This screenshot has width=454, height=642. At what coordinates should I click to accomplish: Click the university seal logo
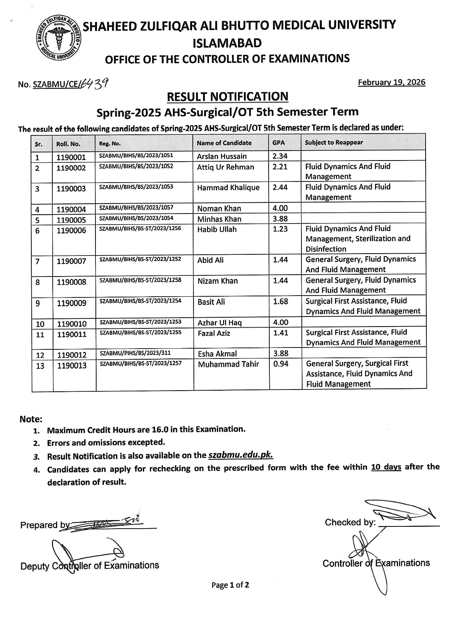coord(59,38)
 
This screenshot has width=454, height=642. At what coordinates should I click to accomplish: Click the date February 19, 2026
coord(391,82)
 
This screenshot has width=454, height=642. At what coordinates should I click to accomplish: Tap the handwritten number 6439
coord(95,84)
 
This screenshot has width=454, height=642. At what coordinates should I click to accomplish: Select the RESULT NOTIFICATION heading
coord(227,96)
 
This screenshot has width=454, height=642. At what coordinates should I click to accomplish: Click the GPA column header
coord(279,143)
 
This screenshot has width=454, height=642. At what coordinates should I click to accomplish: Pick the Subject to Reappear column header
coord(334,143)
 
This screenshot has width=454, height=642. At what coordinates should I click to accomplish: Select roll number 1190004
coord(71,209)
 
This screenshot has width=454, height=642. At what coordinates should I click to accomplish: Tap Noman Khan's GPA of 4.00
coord(280,208)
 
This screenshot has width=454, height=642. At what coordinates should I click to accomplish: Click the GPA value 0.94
coord(280,364)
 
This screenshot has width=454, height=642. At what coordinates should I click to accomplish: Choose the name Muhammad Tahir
coord(228,364)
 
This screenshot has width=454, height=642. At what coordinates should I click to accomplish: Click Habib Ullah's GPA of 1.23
coord(280,229)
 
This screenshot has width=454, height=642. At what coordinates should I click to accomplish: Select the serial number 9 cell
coord(38,303)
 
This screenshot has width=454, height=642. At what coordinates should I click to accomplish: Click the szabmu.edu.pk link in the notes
coord(241,455)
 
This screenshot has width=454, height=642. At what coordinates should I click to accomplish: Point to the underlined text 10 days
coord(386,468)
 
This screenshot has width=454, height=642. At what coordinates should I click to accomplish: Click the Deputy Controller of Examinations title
coord(90,566)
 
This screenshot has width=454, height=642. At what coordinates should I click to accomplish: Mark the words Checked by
coord(350,522)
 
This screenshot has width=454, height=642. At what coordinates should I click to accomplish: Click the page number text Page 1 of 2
coord(230,585)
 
